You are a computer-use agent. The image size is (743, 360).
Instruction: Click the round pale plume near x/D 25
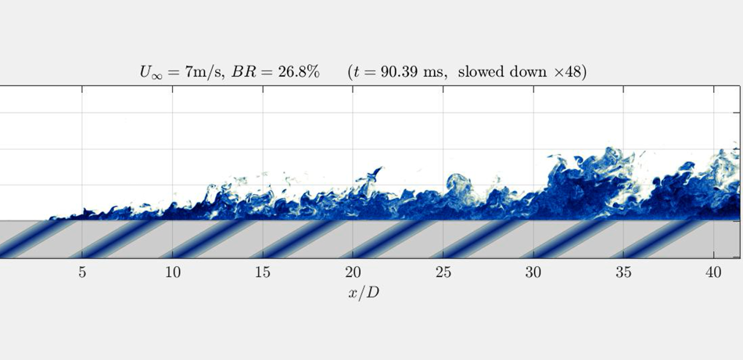[x=457, y=185]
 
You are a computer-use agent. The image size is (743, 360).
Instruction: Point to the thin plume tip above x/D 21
[x=378, y=170]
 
